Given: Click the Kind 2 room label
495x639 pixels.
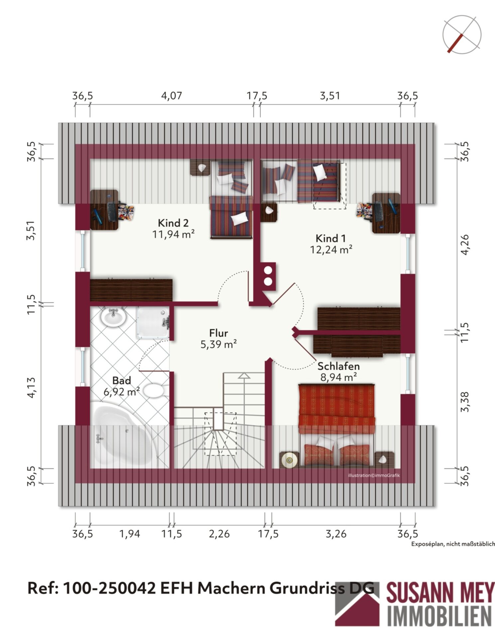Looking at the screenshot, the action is (x=173, y=223).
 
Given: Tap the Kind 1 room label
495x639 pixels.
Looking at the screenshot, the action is (x=330, y=238).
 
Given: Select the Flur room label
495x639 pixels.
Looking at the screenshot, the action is (x=218, y=333).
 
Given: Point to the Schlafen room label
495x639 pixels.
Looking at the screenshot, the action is (x=338, y=366).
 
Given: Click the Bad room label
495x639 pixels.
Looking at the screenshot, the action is (x=121, y=380).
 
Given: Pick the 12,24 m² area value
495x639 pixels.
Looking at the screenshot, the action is (x=331, y=250).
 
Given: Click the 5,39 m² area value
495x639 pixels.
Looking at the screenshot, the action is (x=218, y=344).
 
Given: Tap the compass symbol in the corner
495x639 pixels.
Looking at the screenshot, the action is (x=462, y=34).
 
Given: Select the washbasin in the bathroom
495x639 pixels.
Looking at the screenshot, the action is (x=113, y=317).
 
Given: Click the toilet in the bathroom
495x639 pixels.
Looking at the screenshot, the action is (x=156, y=390).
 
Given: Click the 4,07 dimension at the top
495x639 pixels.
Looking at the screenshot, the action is (x=172, y=96).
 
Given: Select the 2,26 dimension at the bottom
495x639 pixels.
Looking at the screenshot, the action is (x=219, y=534).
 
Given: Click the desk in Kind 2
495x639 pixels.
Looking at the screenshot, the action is (x=104, y=210).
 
